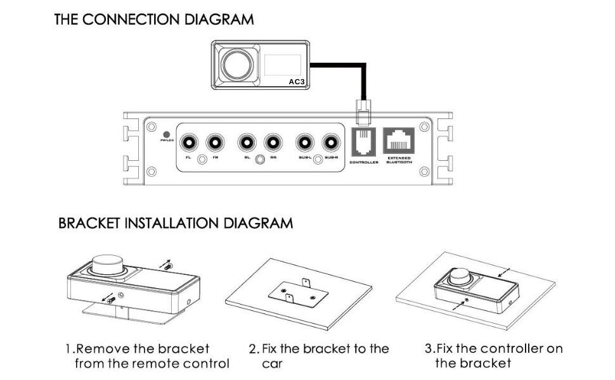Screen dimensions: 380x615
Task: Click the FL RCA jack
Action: [x=188, y=142]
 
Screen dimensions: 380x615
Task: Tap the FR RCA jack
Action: [x=216, y=142]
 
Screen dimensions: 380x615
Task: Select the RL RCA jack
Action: [x=247, y=142]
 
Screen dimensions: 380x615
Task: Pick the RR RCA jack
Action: [x=273, y=142]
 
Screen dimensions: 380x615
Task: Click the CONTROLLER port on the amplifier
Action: [x=364, y=142]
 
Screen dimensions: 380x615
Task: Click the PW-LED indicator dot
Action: [x=167, y=134]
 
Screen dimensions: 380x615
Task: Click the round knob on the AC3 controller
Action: [x=236, y=64]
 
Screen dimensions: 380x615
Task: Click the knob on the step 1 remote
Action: [x=109, y=265]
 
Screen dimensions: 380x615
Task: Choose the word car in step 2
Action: [x=271, y=364]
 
